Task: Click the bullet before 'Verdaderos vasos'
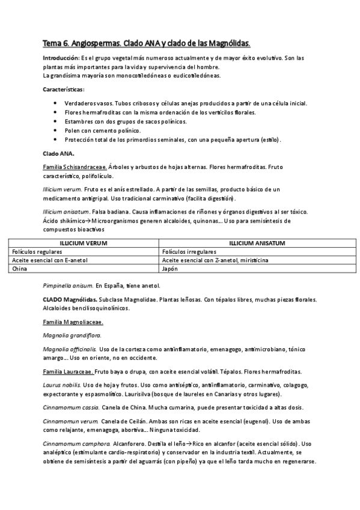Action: point(55,103)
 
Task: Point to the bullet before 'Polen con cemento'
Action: point(55,131)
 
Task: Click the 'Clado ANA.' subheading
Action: point(58,153)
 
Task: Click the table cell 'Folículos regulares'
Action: point(37,251)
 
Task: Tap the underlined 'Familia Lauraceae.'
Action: point(67,371)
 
